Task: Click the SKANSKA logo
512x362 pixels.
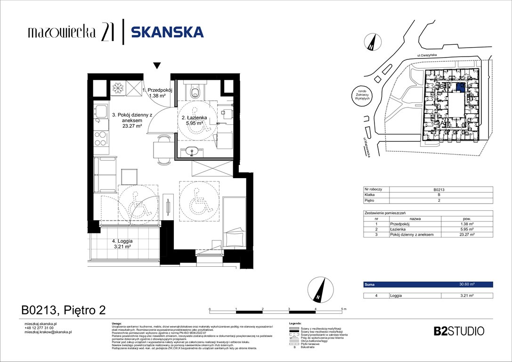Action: [x=167, y=32]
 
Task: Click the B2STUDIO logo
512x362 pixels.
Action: [x=458, y=331]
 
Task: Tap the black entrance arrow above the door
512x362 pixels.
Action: [x=157, y=66]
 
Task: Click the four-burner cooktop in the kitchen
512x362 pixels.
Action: [x=101, y=139]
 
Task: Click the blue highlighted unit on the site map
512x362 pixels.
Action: [x=460, y=87]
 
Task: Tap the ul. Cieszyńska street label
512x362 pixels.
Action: [x=424, y=56]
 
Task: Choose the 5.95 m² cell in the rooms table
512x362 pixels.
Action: [x=467, y=229]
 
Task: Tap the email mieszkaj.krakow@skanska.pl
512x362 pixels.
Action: [x=48, y=332]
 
